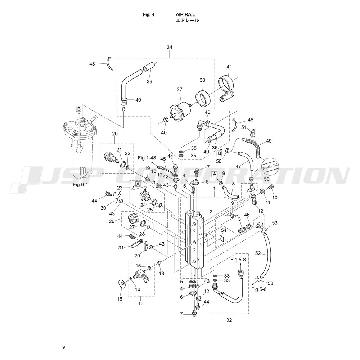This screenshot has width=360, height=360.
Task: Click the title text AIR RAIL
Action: tap(185, 14)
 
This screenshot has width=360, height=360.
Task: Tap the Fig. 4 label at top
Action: tap(149, 14)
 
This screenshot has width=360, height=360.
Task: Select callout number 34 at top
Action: tap(170, 47)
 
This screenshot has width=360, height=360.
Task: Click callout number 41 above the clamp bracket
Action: tap(229, 67)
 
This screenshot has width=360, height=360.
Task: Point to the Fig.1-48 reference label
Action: tap(147, 158)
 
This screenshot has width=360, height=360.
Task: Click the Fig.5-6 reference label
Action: tap(259, 289)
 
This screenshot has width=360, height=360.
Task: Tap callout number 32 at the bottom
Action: tap(229, 320)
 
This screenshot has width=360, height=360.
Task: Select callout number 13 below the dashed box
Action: tap(141, 303)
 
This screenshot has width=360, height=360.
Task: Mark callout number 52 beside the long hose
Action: tap(258, 253)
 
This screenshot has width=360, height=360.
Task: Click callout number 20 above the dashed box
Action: tap(115, 134)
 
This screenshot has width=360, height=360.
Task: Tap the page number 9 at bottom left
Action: tap(63, 347)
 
